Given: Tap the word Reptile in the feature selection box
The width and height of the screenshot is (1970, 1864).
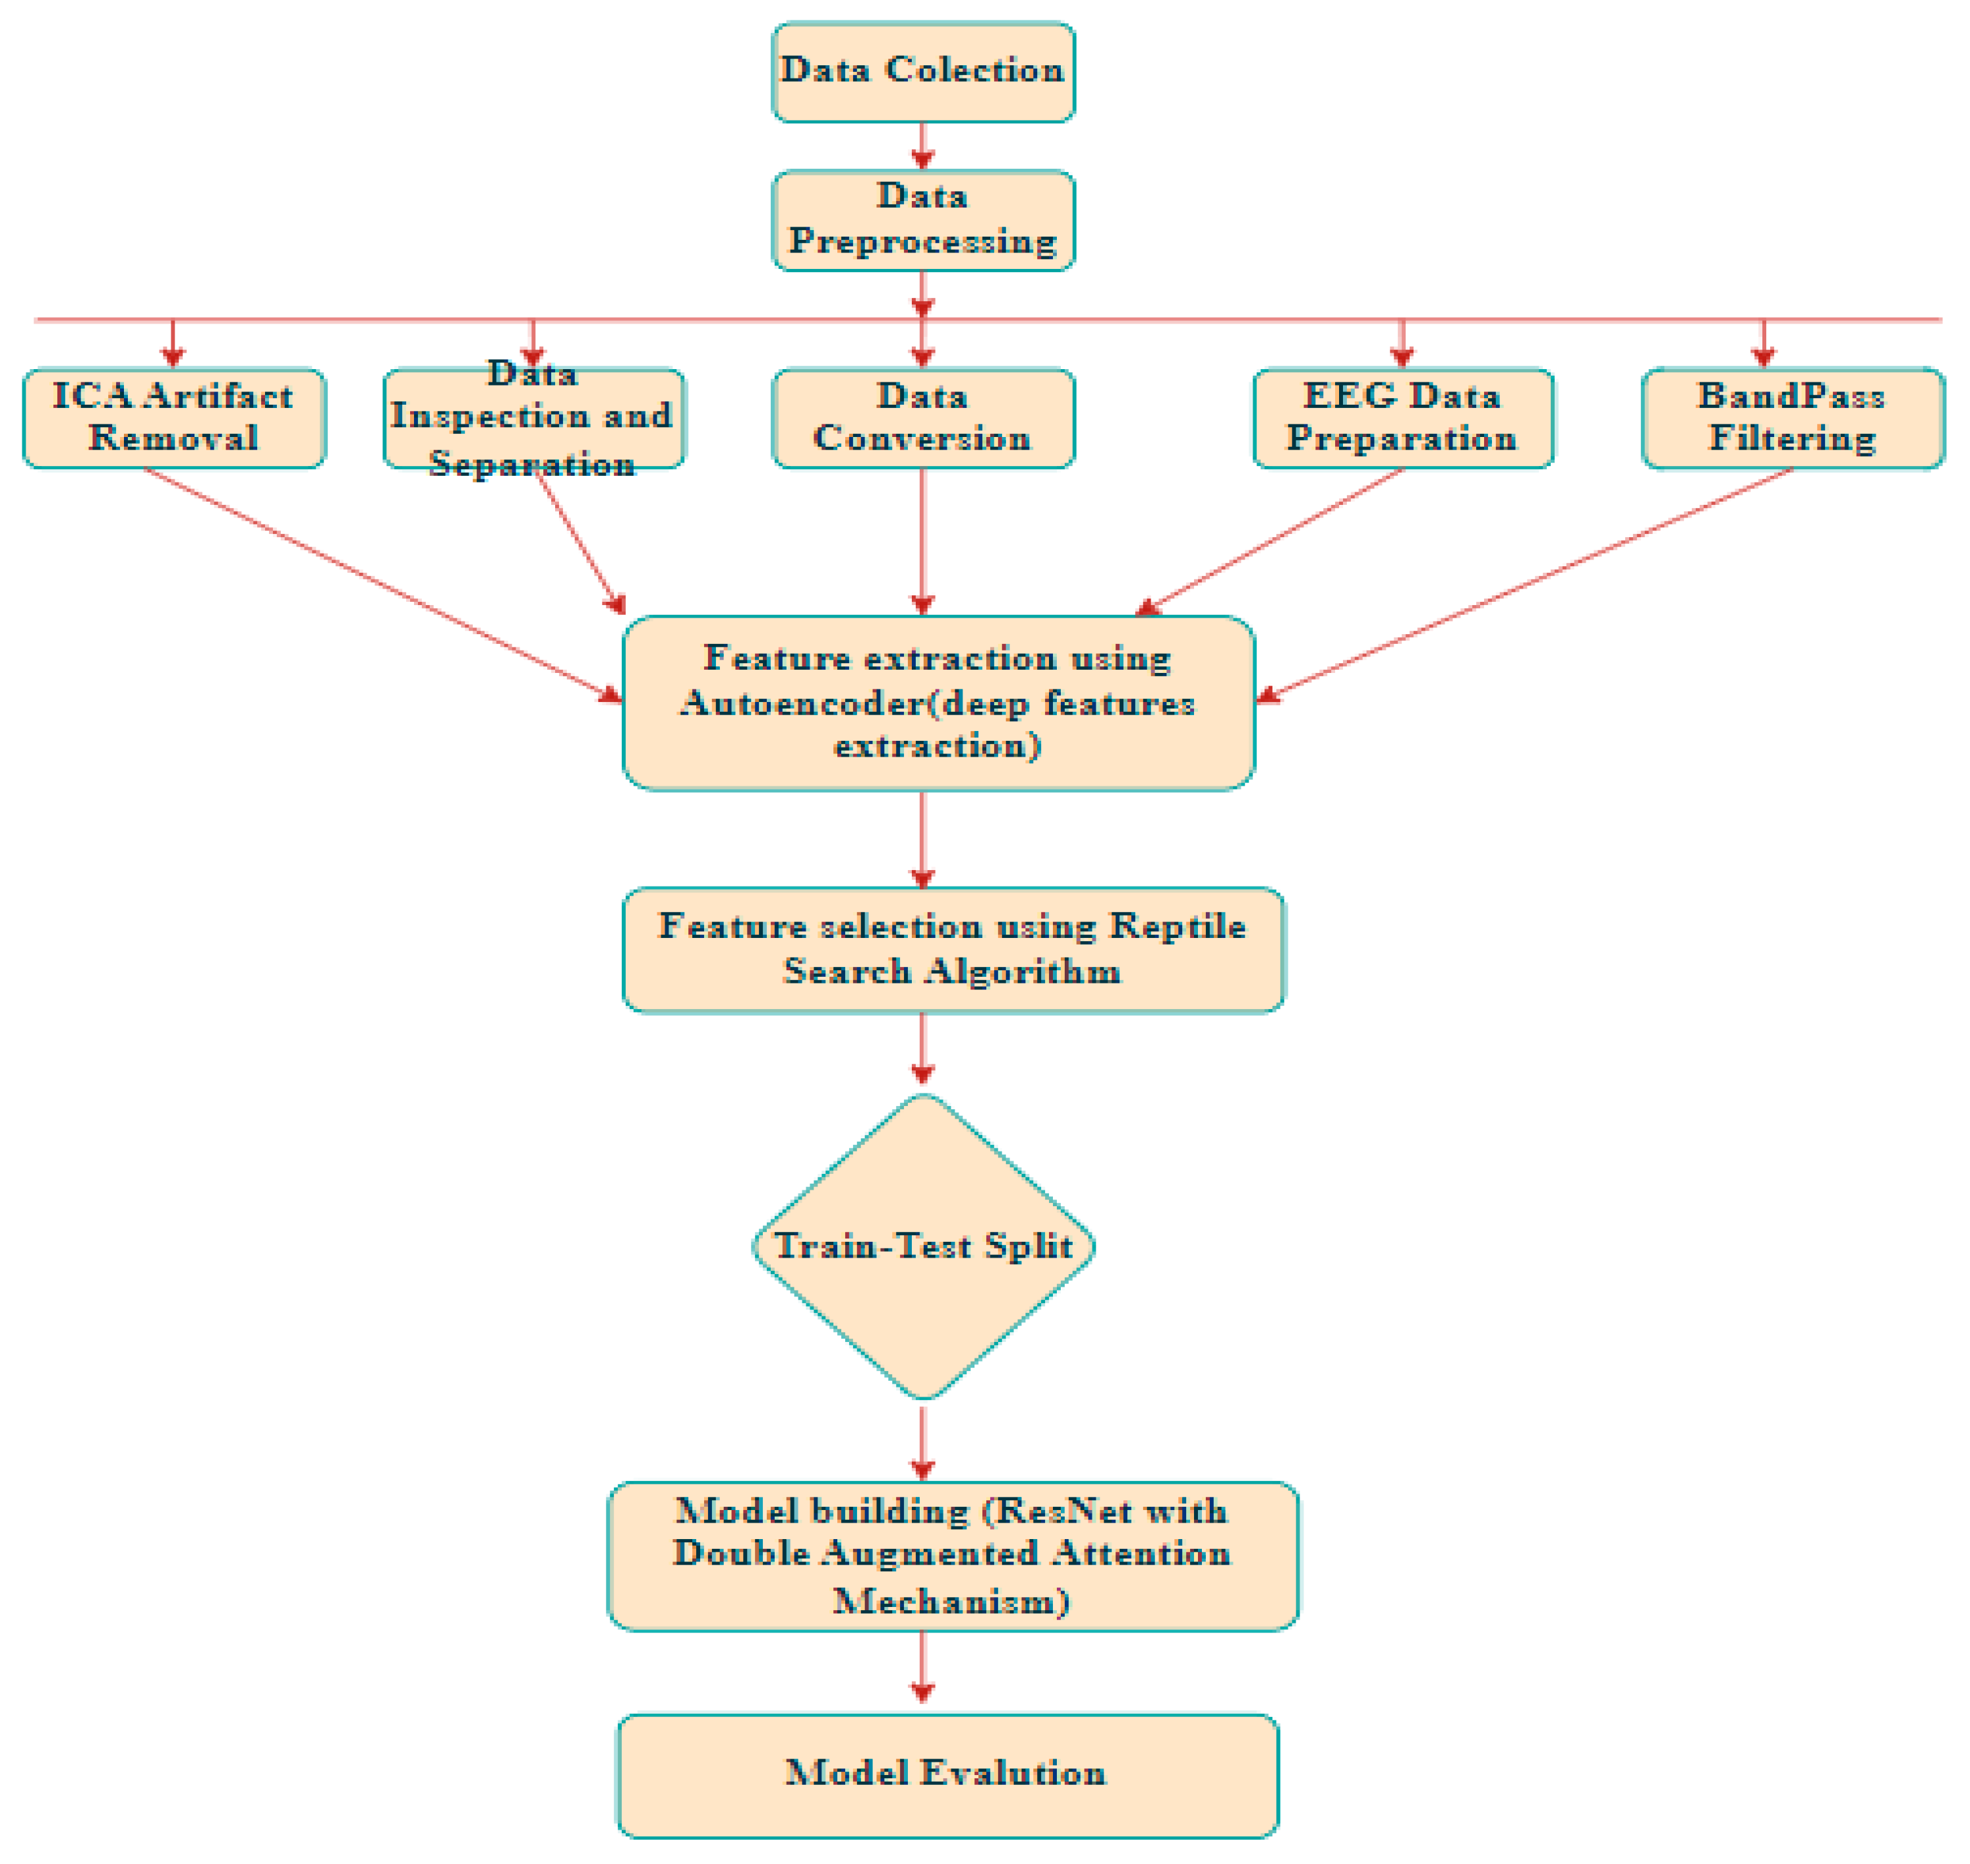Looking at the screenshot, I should [1177, 927].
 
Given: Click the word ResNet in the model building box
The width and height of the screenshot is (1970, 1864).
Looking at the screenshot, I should [1061, 1511].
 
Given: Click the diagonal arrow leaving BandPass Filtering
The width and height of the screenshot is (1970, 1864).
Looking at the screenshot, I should [1531, 584].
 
